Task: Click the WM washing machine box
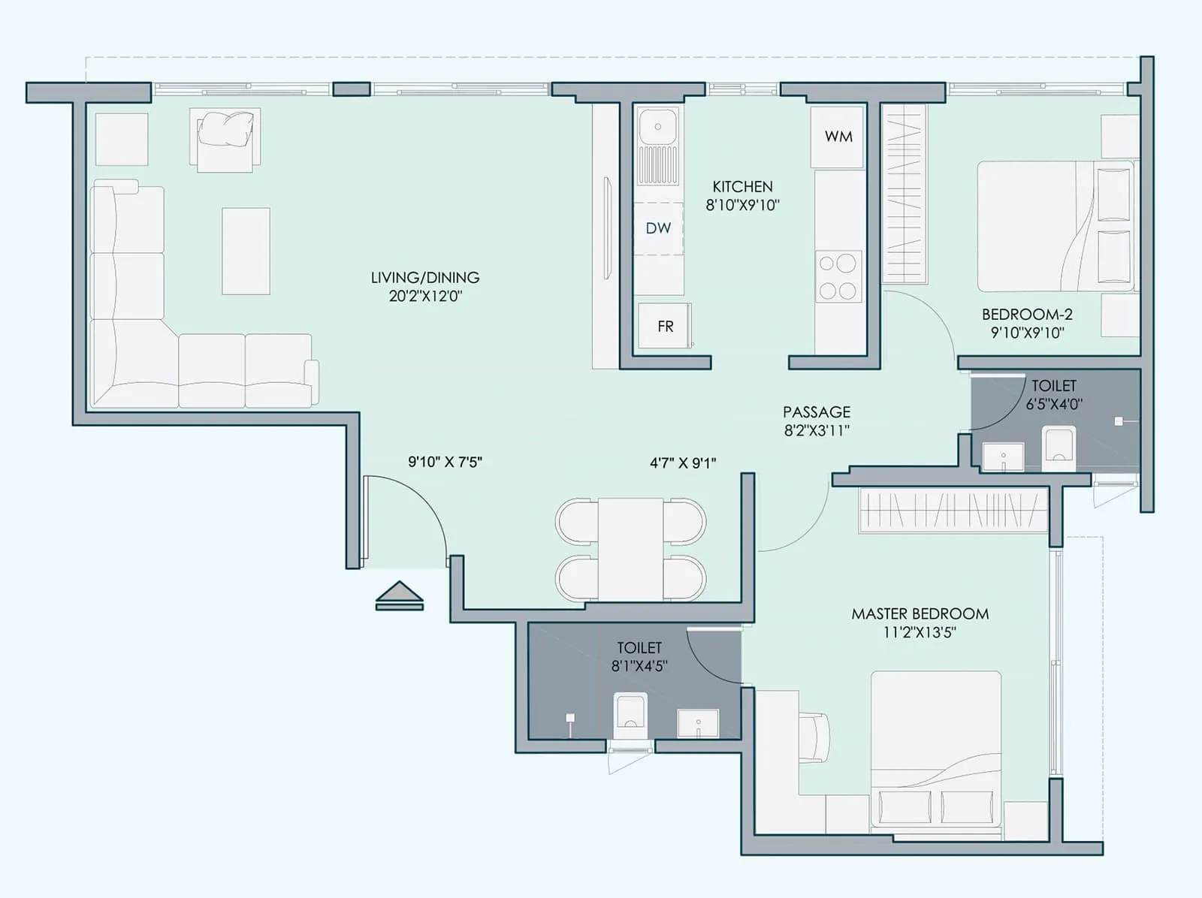pos(838,137)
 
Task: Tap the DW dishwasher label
pos(658,228)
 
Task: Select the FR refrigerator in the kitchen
pos(665,327)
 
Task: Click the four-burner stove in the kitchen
pos(838,276)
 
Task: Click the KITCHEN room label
pos(742,186)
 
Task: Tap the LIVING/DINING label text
pos(425,277)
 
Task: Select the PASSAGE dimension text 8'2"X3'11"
pos(817,431)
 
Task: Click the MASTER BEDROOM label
pos(920,613)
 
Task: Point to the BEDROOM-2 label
pos(1027,315)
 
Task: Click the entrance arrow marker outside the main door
pos(400,595)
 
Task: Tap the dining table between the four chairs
pos(630,549)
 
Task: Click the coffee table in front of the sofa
pos(246,251)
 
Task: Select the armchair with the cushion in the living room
pos(225,138)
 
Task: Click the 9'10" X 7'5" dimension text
pos(445,462)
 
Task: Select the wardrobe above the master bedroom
pos(953,511)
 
